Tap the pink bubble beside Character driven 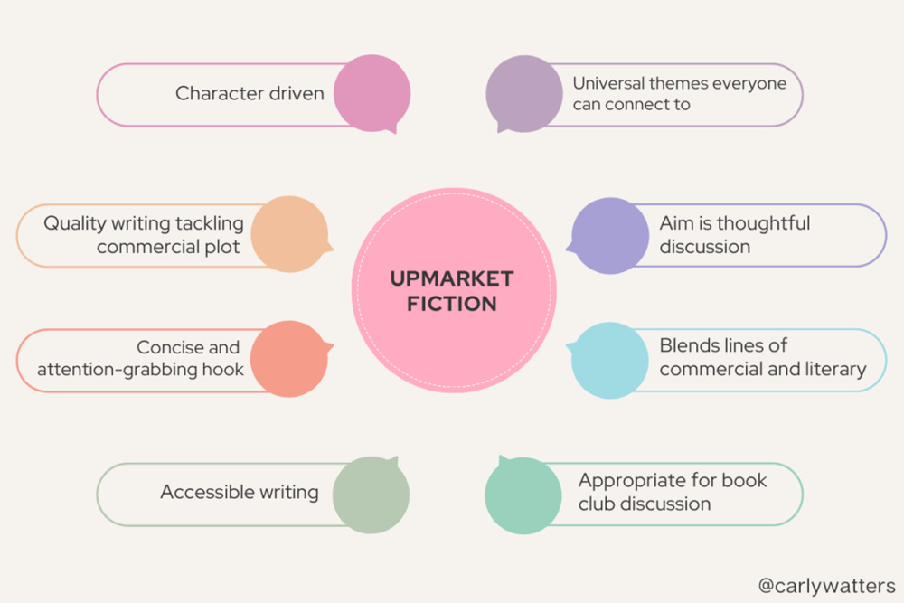point(371,93)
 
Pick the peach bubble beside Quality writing point(288,234)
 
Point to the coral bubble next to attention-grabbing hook point(288,358)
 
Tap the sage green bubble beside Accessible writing point(371,494)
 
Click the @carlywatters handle point(826,585)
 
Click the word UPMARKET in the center point(452,278)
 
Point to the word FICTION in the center point(452,303)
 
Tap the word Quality point(76,223)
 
